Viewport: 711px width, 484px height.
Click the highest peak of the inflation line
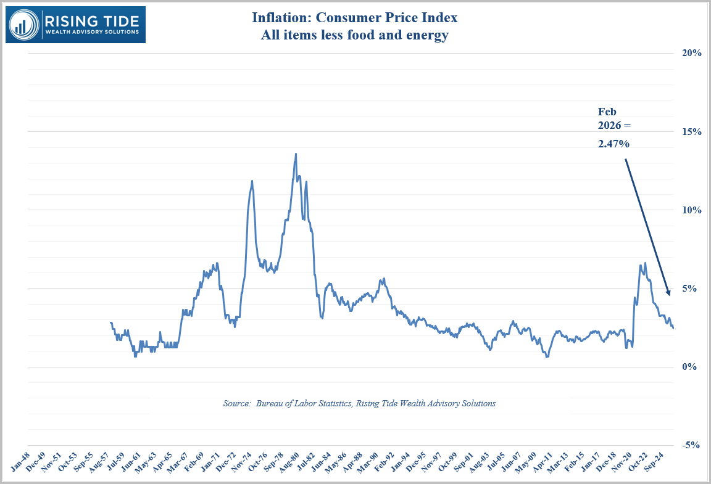tap(296, 154)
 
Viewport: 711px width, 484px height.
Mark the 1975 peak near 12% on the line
tap(252, 181)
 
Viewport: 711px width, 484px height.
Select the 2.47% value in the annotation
tap(613, 144)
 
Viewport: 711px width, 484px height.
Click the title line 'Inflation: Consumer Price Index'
tap(355, 18)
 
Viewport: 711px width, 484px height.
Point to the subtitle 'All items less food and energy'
tap(355, 36)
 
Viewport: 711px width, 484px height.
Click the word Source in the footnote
tap(236, 403)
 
